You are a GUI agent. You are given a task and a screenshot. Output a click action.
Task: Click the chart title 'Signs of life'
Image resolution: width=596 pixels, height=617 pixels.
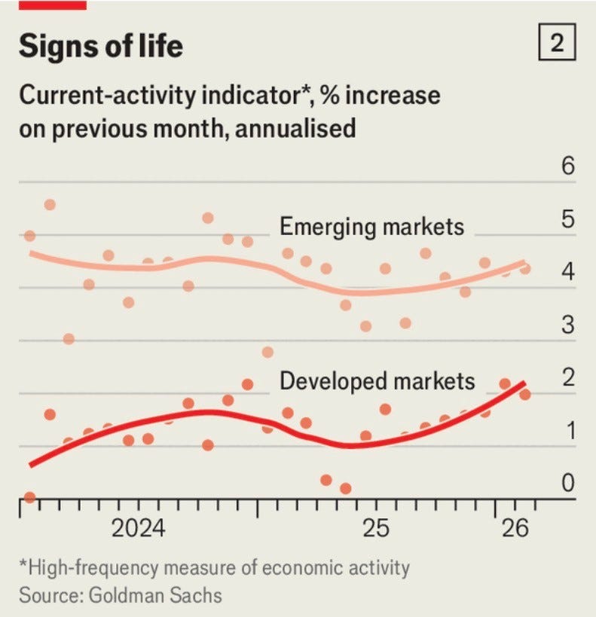point(101,47)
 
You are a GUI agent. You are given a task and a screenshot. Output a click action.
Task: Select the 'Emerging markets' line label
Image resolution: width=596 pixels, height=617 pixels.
point(371,226)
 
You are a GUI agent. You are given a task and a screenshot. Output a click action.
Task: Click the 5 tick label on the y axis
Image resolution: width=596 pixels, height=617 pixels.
point(567,220)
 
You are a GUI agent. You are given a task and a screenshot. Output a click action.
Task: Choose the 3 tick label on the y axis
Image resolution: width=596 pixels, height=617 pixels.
point(567,326)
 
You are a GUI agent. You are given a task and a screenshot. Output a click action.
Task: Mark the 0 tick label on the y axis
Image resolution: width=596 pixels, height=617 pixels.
point(567,482)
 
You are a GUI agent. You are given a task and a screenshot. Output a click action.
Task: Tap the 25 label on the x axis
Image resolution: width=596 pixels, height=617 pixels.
point(375,529)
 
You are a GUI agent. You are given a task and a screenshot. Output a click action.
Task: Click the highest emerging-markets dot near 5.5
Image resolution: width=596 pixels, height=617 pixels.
point(50,205)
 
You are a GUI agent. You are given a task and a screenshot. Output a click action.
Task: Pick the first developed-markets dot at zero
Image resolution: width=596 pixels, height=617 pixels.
point(29,497)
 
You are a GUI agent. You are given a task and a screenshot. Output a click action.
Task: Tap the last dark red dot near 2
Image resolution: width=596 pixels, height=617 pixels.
point(525,394)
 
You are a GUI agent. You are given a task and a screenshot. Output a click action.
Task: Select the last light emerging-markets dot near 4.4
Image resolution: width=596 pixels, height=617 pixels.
point(525,269)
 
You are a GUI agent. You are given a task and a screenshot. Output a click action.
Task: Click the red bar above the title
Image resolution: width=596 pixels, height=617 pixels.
point(52,5)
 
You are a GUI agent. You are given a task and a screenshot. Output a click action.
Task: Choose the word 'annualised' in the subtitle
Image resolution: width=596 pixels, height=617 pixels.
point(295,128)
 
